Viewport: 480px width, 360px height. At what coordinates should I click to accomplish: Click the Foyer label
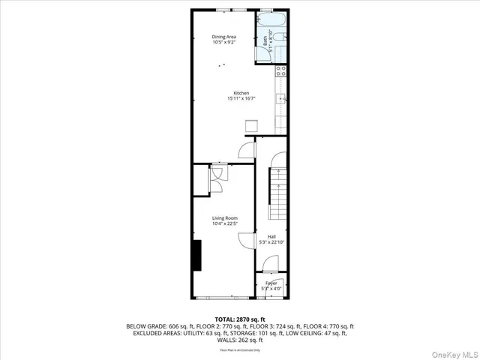coord(271,283)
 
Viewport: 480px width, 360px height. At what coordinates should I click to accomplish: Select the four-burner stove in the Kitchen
coord(281,72)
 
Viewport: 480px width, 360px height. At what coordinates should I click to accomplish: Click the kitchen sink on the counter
coord(282,98)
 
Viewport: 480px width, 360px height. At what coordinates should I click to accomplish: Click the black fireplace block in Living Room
coord(196,254)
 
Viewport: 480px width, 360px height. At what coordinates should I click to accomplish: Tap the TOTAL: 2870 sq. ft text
coord(240,319)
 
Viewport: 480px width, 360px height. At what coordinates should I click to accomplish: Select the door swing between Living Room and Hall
coord(246,241)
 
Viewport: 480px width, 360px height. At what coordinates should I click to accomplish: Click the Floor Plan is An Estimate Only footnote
coord(240,349)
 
